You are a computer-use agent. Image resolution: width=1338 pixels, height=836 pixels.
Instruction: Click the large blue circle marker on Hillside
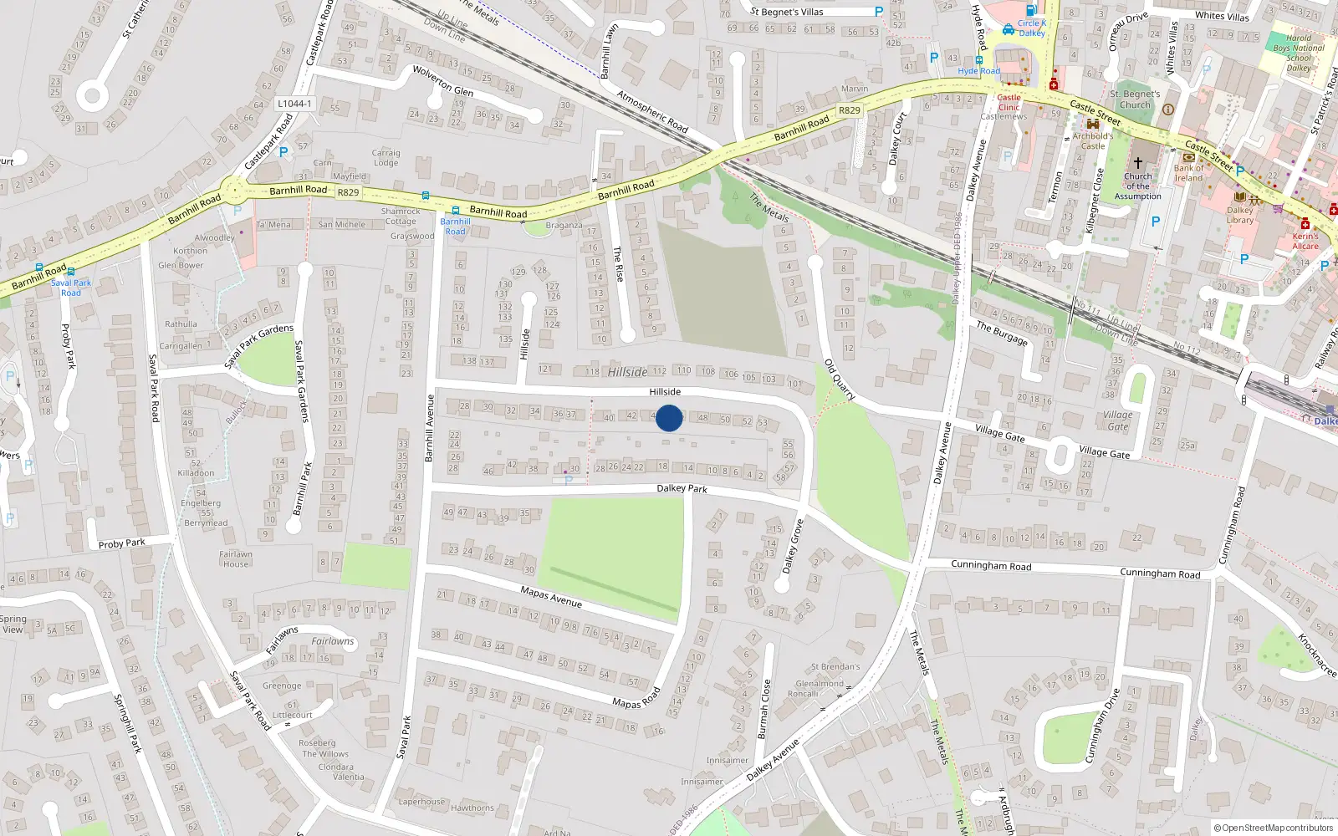point(668,418)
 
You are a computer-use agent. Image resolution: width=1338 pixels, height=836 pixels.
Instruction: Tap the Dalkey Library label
point(1240,216)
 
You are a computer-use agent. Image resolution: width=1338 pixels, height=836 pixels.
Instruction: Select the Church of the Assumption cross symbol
point(1137,162)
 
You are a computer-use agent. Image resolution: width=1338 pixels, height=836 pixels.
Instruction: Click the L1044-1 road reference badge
point(294,104)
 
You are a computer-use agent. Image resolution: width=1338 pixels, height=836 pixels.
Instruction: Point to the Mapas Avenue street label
point(551,597)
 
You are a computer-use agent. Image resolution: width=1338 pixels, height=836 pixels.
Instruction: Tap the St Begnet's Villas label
point(786,12)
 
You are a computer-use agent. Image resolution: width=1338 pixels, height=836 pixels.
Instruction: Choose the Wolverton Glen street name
point(443,81)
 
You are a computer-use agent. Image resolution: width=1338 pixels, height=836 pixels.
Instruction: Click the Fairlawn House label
point(236,558)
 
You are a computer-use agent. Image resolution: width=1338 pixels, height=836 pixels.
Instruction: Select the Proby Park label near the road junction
point(122,543)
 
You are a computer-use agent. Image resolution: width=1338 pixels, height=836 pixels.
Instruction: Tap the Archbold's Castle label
point(1093,140)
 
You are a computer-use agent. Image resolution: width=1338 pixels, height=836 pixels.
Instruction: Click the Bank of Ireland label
point(1188,173)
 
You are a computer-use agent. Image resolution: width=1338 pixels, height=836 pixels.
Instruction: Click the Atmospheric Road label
point(652,111)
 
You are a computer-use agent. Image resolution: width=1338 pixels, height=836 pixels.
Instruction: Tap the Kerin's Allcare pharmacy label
point(1305,241)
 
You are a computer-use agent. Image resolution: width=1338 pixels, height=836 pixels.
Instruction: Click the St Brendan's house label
point(835,666)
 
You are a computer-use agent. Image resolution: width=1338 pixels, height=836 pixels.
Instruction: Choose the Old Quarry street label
point(840,380)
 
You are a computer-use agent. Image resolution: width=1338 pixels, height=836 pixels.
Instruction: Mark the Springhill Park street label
point(130,723)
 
